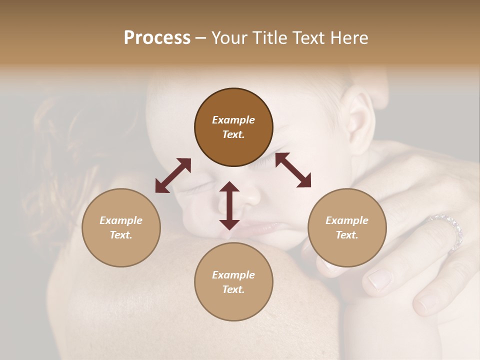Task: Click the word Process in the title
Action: pos(157,38)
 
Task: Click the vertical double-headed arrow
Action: pos(229,205)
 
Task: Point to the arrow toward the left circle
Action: pos(173,175)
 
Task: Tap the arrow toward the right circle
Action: pos(293,170)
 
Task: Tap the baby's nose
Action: pos(250,195)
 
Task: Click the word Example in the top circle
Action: pos(233,120)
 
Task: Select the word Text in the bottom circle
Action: pos(233,289)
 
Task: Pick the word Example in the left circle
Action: pos(121,220)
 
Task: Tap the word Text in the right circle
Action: pos(347,235)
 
